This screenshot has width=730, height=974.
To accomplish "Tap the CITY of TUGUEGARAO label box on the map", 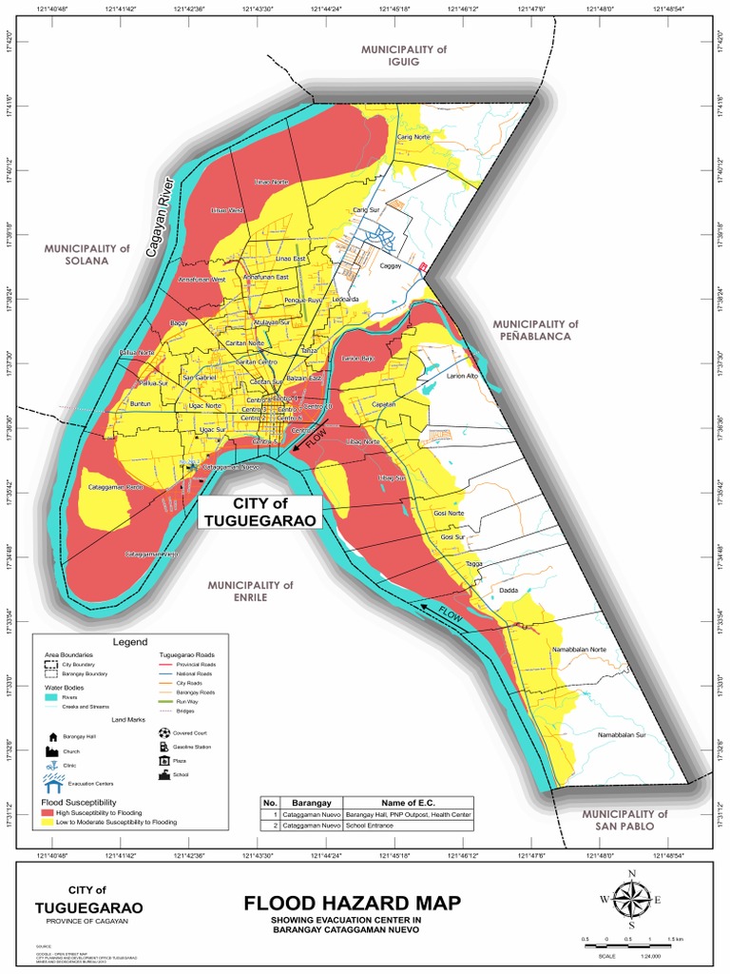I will tap(259, 511).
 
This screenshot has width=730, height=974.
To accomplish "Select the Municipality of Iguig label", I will tap(403, 55).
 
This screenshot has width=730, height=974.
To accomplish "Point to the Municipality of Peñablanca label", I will tap(534, 330).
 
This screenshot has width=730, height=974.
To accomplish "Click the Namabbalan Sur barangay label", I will tap(621, 735).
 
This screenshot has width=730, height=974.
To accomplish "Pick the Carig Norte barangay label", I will tap(413, 138).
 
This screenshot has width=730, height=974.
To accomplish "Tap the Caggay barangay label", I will tap(391, 267).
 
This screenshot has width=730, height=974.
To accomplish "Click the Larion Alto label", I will tap(462, 377).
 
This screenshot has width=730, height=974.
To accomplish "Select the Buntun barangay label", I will tap(140, 404).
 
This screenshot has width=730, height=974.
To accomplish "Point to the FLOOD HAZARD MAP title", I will tap(351, 903).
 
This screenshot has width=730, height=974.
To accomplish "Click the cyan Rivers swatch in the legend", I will tap(51, 697).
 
